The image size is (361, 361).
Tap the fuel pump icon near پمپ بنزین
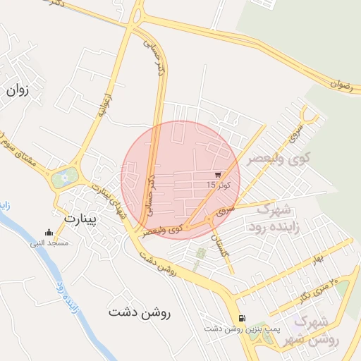pyautogui.click(x=243, y=318)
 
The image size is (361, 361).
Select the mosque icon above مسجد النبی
pyautogui.click(x=48, y=233)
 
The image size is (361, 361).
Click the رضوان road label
pyautogui.click(x=344, y=84)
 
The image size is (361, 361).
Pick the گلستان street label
pyautogui.click(x=224, y=246)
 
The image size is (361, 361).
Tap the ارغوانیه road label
pyautogui.click(x=103, y=103)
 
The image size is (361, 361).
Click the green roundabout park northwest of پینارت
pyautogui.click(x=63, y=177)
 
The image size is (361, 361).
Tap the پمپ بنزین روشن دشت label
pyautogui.click(x=233, y=329)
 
